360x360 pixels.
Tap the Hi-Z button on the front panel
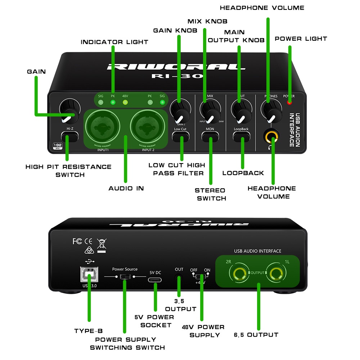click(x=70, y=136)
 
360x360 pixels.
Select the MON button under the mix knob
click(x=210, y=136)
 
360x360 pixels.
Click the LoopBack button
click(x=241, y=136)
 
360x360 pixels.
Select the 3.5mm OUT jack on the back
click(x=179, y=278)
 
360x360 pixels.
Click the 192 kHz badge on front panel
click(x=57, y=147)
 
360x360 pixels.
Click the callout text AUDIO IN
click(x=126, y=188)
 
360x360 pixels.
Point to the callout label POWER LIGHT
click(x=301, y=39)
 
